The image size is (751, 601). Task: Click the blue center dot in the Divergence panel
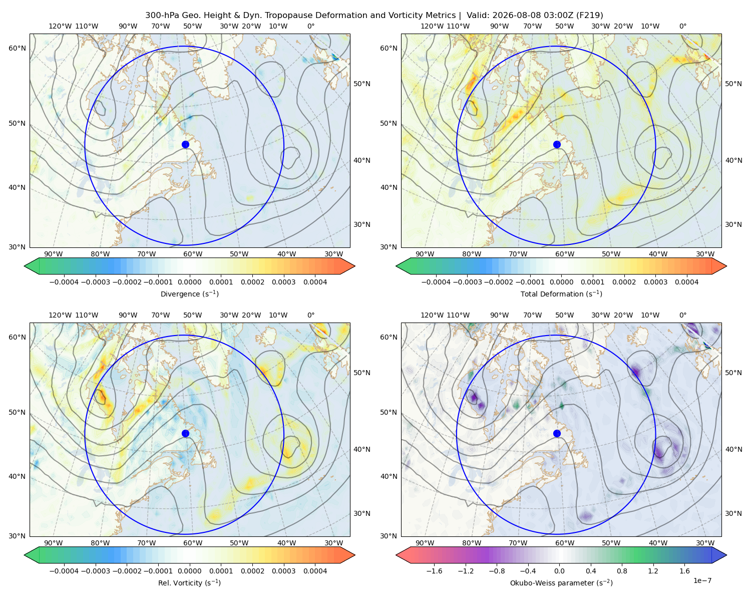[x=185, y=145]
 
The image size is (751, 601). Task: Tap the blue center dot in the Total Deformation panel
[x=557, y=145]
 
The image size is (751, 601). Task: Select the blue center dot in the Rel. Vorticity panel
[x=185, y=433]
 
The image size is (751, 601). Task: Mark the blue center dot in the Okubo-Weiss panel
[x=557, y=433]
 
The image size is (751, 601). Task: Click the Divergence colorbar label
[x=189, y=293]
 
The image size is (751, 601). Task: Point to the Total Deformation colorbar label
[x=561, y=293]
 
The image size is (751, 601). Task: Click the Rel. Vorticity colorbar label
[x=189, y=583]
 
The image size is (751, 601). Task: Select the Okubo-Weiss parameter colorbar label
[x=561, y=583]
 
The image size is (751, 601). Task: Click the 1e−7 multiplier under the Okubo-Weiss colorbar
[x=702, y=581]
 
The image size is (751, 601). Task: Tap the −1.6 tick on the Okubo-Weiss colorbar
[x=434, y=571]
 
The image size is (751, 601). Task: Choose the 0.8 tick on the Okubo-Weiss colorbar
[x=622, y=571]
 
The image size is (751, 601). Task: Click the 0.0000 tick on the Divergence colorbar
[x=189, y=282]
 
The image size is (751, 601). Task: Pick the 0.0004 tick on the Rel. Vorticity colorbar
[x=315, y=571]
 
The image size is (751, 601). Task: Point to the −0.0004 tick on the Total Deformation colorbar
[x=436, y=282]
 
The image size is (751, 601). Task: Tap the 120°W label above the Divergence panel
[x=60, y=26]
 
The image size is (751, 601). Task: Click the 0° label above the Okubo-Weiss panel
[x=682, y=315]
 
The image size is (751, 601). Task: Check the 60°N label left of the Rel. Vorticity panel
[x=17, y=337]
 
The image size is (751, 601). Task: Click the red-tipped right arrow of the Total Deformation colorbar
[x=719, y=266]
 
